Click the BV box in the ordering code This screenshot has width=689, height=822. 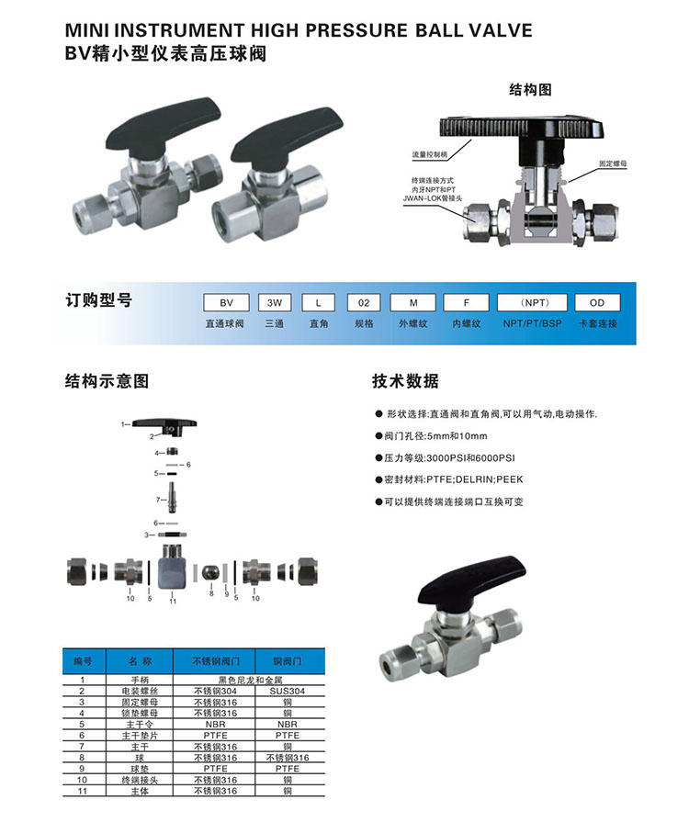(226, 302)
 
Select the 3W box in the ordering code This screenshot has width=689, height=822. (275, 302)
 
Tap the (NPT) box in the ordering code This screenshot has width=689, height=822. (532, 302)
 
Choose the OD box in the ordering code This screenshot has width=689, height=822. (597, 302)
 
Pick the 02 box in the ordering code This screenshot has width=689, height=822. (364, 302)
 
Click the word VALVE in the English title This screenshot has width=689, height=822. (501, 30)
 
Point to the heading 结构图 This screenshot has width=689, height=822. (530, 90)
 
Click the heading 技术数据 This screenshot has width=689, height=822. (405, 380)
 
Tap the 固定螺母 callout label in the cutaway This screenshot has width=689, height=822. (613, 163)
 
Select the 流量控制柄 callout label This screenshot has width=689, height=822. (429, 154)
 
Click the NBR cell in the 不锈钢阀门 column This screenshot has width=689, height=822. (215, 724)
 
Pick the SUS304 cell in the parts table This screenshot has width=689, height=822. (288, 691)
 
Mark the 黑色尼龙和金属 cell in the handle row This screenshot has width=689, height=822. (250, 680)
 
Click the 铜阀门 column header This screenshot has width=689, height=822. (288, 661)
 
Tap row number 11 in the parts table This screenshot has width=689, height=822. (82, 791)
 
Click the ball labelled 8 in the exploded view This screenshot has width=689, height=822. (210, 572)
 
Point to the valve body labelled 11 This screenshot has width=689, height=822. (173, 568)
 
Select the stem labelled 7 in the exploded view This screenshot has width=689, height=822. (172, 498)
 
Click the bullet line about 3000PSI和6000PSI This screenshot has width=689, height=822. (446, 457)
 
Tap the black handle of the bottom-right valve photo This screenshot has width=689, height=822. (471, 580)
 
